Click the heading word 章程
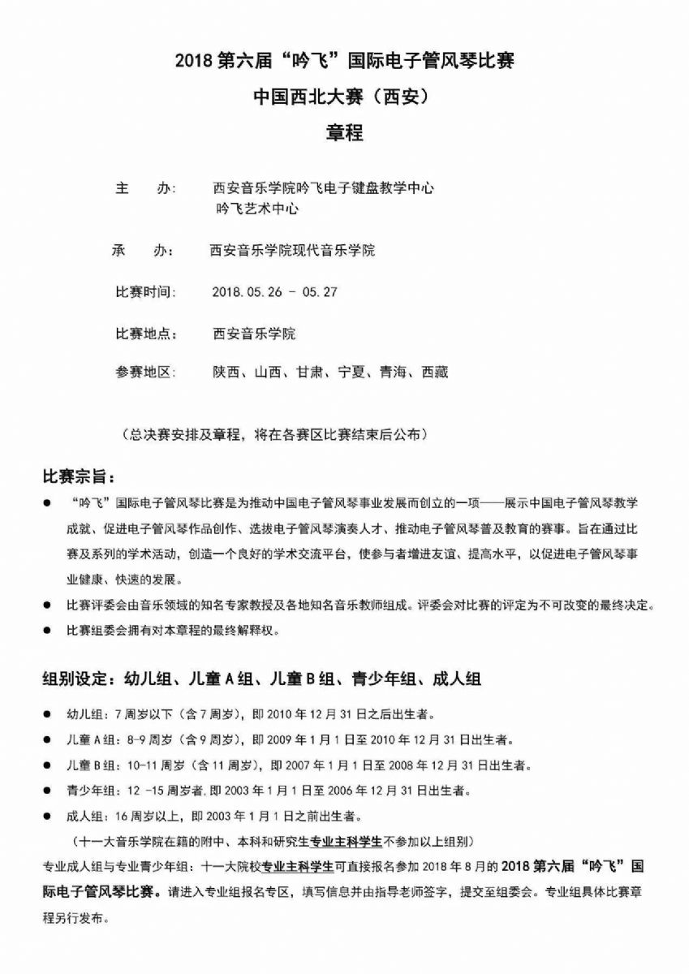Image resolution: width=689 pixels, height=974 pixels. [344, 133]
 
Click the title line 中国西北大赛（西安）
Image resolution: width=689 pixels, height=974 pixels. [344, 97]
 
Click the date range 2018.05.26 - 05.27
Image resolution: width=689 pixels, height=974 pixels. [273, 292]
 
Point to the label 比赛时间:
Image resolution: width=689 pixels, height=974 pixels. [144, 292]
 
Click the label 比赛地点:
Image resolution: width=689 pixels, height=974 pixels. [144, 333]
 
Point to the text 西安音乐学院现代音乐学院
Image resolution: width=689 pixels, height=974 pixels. [292, 251]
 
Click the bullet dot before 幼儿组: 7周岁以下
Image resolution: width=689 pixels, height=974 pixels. [48, 716]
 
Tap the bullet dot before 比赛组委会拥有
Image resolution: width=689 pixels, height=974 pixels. [48, 631]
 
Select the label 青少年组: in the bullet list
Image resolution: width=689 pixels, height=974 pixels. [92, 790]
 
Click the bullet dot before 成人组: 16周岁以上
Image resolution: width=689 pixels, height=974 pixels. [48, 814]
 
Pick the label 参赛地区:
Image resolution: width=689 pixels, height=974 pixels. [144, 373]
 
